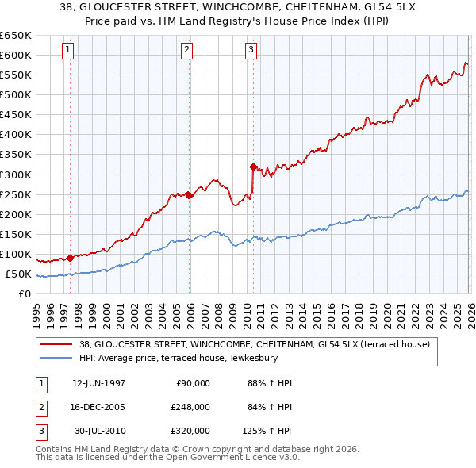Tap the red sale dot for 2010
[253, 167]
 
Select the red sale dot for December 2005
[189, 195]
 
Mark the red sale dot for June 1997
[70, 258]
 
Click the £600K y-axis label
[16, 55]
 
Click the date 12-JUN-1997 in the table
[98, 382]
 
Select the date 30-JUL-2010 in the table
[98, 431]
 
